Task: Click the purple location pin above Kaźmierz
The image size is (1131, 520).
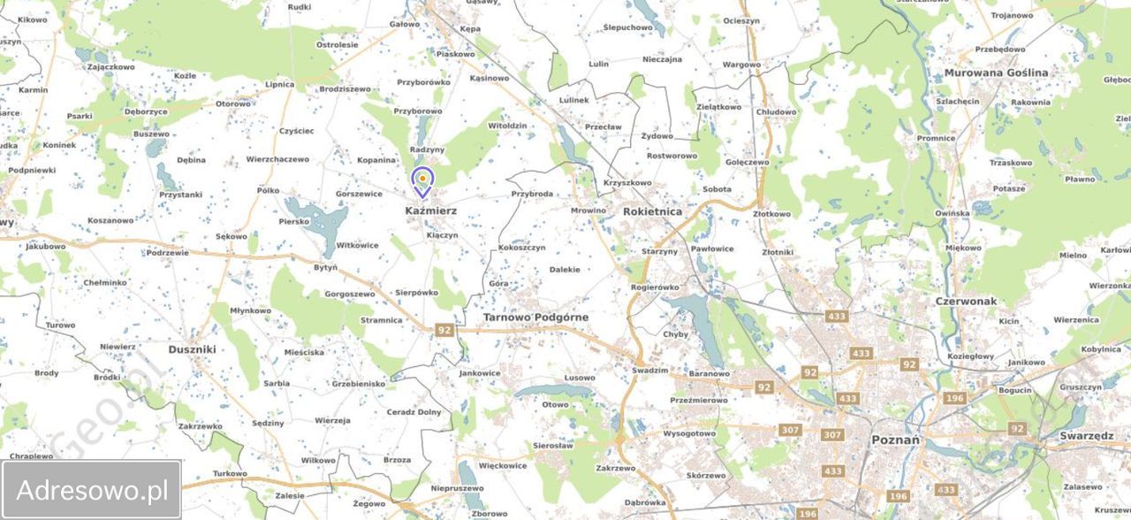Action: coord(423,181)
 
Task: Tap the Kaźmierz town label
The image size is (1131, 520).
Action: coord(430,211)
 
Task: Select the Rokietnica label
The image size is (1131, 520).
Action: coord(652,212)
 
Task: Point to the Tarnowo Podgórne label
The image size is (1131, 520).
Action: coord(535,317)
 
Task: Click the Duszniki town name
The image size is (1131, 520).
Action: coord(192,349)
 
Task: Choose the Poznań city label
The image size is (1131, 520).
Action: coord(895,440)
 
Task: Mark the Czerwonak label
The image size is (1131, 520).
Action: coord(966,302)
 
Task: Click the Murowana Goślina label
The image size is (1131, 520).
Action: coord(996,73)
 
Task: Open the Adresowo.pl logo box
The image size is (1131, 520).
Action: coord(92,489)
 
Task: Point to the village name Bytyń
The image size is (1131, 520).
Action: coord(325,267)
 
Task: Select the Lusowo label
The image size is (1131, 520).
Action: coord(580,378)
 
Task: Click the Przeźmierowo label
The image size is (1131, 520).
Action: coord(699,401)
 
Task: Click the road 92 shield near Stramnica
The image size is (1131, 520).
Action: coord(444,331)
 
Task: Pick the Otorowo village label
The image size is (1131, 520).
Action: coord(233,103)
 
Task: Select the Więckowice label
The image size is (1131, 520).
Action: coord(502,466)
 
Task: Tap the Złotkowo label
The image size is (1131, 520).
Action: coord(771,214)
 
